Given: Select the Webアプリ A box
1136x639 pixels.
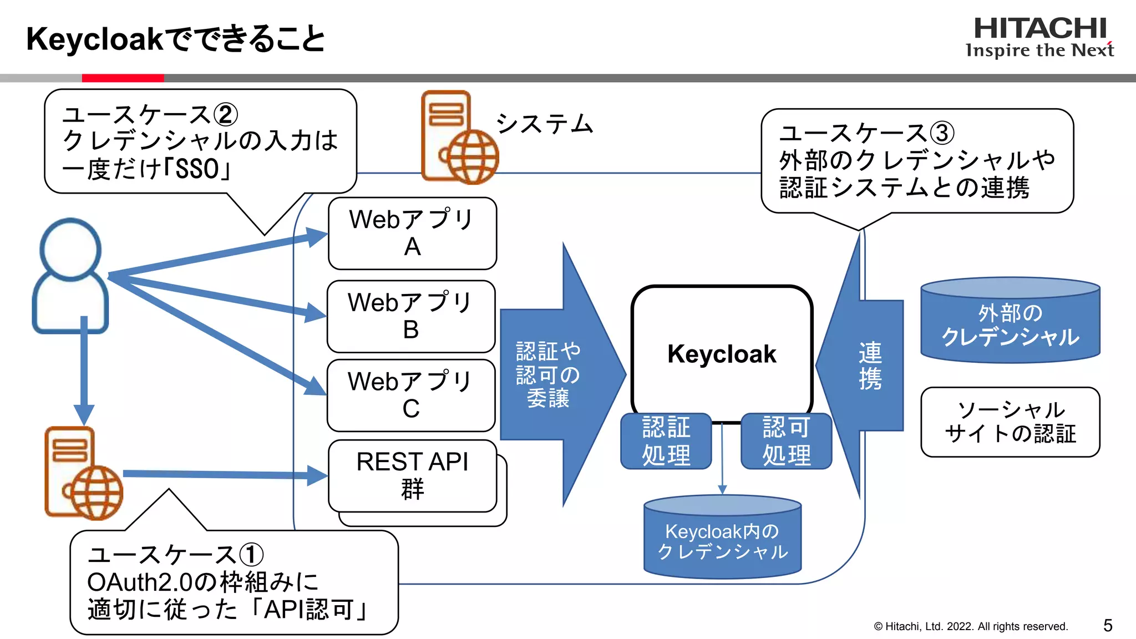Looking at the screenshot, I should pos(412,234).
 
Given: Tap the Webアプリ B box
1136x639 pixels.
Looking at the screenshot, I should pos(410,316).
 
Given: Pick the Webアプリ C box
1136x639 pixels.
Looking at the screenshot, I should pos(410,395).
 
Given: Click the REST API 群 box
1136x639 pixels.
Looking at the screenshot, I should pos(412,476).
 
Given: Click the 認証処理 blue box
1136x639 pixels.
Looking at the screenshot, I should pos(666,442).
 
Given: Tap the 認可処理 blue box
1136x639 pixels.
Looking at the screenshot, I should pos(786,442).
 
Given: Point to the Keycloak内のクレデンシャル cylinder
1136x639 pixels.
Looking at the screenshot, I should pos(722,541).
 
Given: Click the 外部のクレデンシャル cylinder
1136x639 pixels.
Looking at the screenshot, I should pos(1010,324).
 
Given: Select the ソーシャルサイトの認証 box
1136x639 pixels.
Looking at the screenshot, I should pos(1010,422).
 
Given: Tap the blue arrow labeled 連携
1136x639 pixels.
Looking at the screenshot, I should pos(870,366).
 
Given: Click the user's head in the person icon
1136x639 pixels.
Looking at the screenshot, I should pos(70,248).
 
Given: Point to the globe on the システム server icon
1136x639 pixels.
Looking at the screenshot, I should pos(473,157).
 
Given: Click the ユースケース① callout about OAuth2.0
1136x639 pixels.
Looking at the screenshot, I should pos(233,582).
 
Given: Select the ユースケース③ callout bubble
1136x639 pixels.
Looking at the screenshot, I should pos(916,161).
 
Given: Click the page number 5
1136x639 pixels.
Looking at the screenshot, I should pos(1107,626).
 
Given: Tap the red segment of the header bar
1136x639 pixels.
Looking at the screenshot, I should pos(123,78).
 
